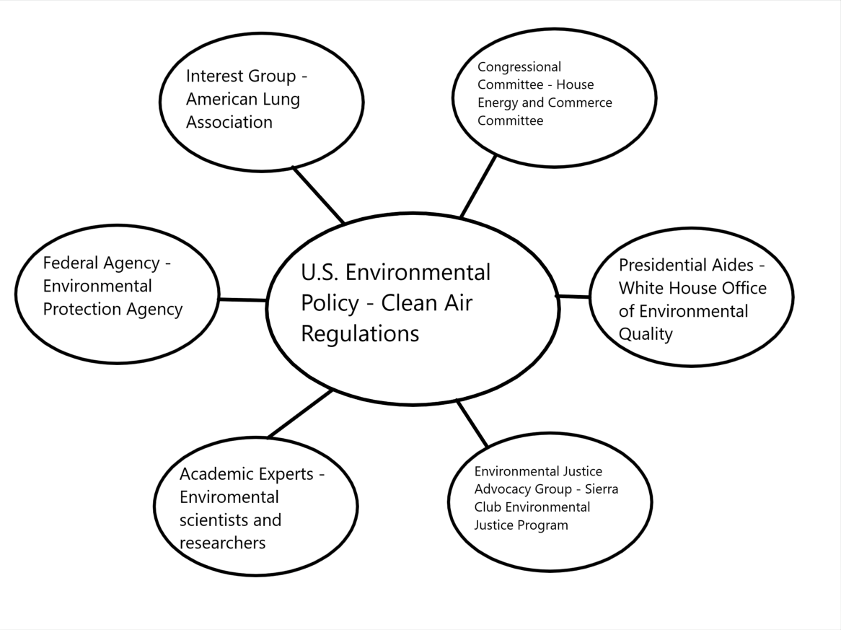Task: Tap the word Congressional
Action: point(519,67)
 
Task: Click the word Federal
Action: point(71,263)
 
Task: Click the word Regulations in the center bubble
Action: point(360,334)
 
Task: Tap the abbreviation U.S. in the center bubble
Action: point(319,273)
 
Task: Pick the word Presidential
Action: point(686,265)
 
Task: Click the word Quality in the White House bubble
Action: point(646,334)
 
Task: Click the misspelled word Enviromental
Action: point(229,497)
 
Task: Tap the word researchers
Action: point(223,543)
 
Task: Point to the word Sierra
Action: point(602,489)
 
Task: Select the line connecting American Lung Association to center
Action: point(319,195)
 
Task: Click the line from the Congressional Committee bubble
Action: point(478,186)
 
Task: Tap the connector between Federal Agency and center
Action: point(242,299)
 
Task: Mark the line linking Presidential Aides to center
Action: point(573,296)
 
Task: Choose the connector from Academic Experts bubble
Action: point(300,414)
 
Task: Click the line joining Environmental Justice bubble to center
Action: point(472,424)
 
